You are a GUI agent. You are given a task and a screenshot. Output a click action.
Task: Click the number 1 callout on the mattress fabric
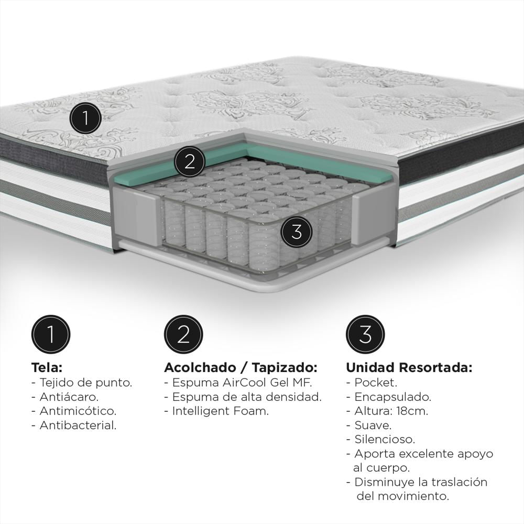click(85, 118)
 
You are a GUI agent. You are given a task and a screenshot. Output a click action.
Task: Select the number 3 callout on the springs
click(297, 231)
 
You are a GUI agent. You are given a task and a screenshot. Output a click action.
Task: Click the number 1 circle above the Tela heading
click(51, 334)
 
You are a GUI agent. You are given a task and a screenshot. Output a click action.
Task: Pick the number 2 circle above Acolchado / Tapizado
click(183, 334)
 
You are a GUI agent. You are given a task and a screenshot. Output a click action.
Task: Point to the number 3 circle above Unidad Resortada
click(365, 334)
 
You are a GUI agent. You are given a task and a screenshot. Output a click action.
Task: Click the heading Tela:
click(47, 367)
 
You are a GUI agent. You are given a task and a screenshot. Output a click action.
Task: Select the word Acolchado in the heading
click(200, 367)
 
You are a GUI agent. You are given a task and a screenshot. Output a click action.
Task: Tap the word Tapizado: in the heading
click(285, 367)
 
